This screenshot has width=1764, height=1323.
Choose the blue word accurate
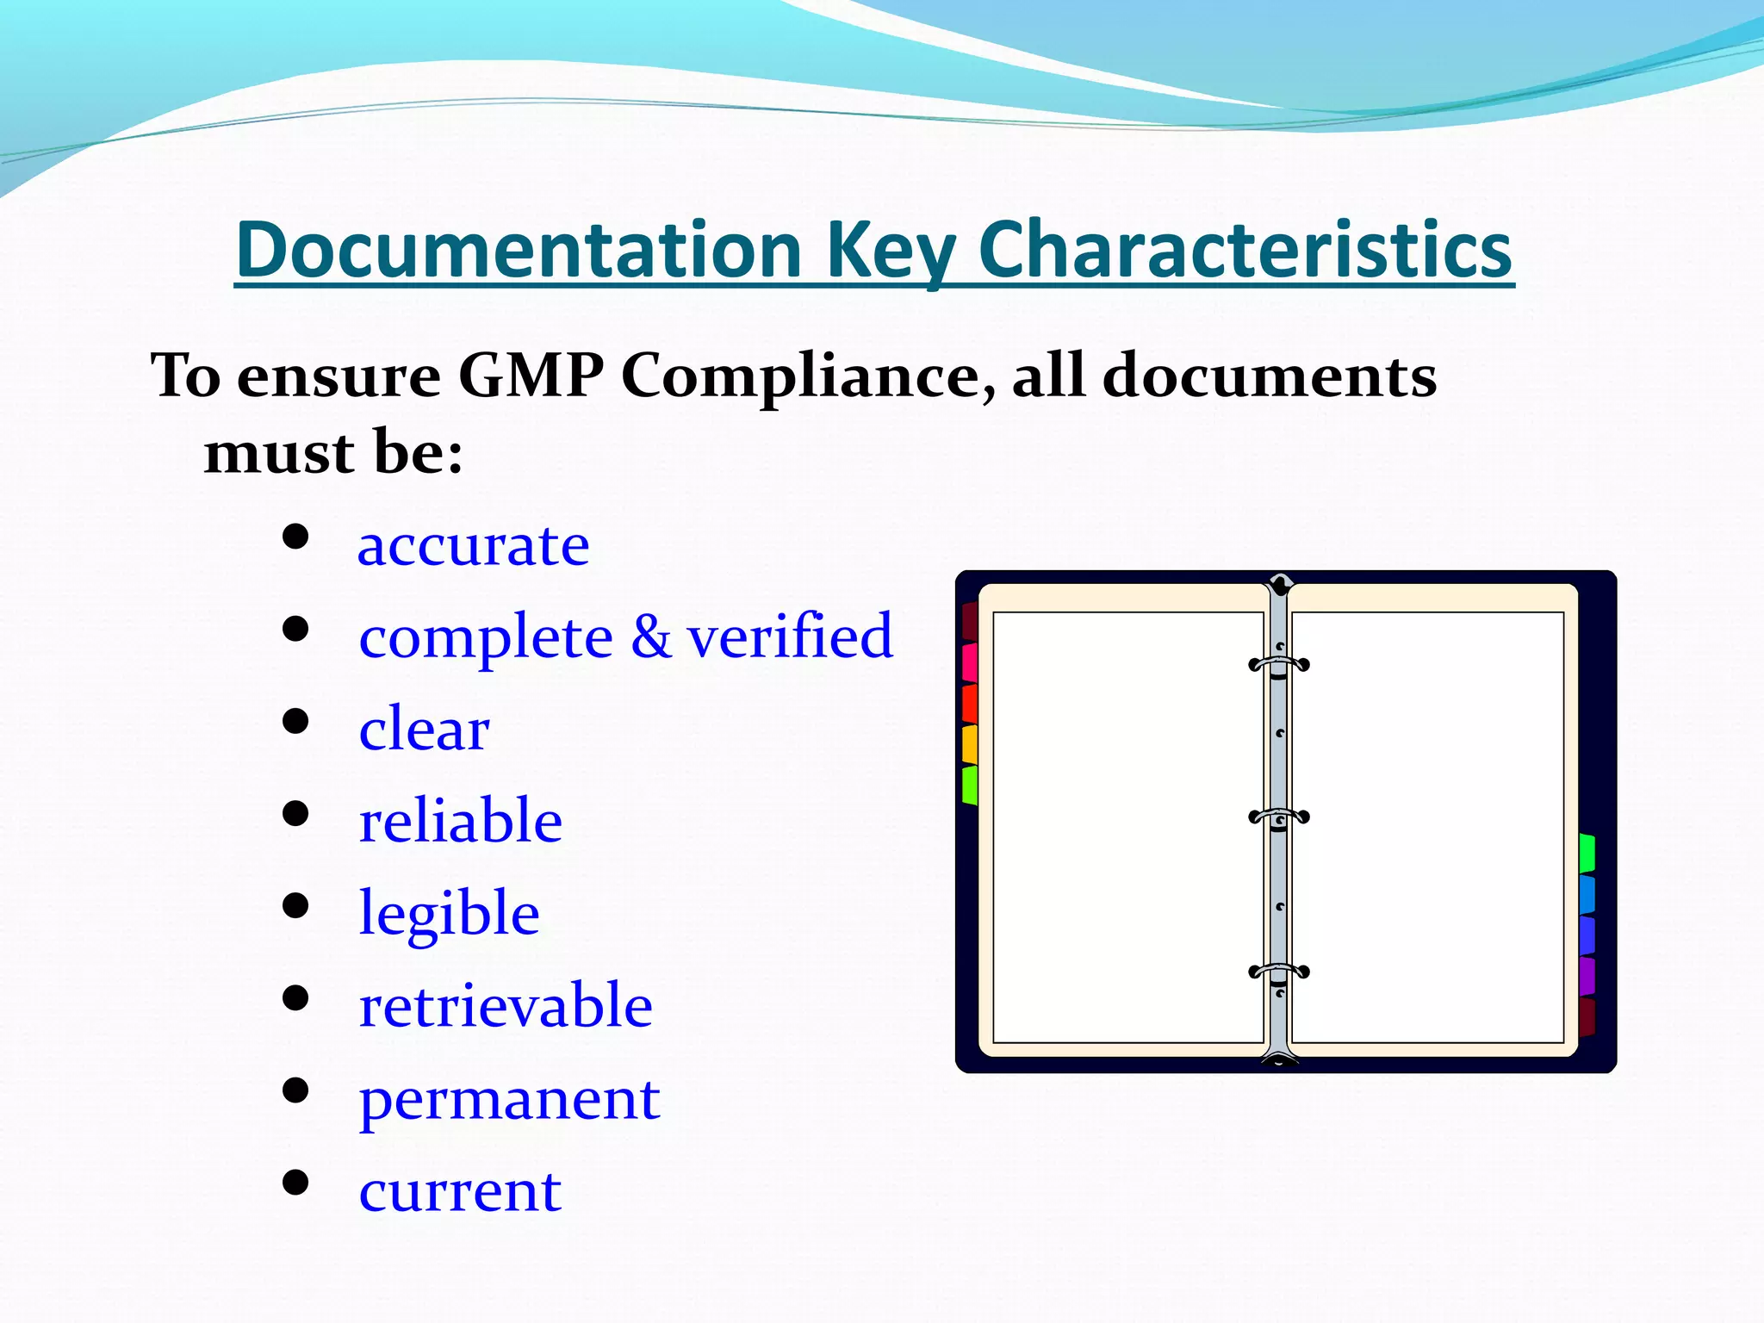coord(473,545)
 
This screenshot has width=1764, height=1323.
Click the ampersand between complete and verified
coord(650,637)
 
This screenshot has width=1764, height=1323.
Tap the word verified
coord(790,637)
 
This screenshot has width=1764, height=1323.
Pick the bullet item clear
coord(424,729)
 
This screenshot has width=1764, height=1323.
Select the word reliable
coord(460,820)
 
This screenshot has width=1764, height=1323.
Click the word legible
coord(449,913)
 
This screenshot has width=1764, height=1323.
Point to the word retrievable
coord(506,1005)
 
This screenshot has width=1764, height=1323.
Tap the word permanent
coord(509,1098)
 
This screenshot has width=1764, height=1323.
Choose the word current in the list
coord(460,1191)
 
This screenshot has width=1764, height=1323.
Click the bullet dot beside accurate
coord(295,537)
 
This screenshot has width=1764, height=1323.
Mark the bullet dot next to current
coord(295,1183)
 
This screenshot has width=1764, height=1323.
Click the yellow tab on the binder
coord(970,743)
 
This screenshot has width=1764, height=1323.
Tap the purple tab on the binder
coord(1587,976)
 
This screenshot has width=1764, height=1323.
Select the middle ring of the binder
coord(1279,817)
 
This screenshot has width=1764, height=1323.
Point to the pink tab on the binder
coord(970,661)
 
